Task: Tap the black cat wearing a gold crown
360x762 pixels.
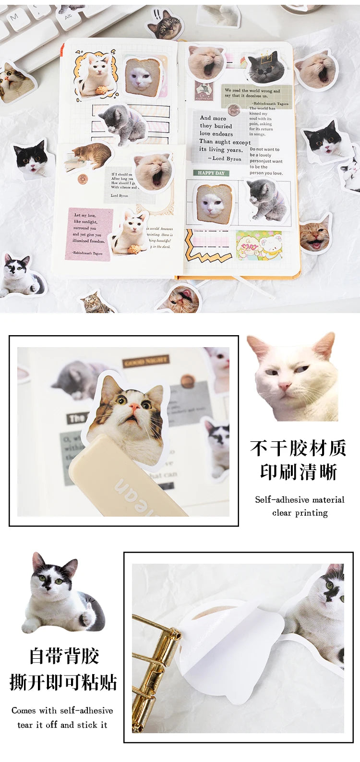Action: (264, 69)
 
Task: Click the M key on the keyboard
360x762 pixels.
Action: (13, 17)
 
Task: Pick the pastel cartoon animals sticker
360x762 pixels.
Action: (259, 244)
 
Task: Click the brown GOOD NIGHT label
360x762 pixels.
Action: (145, 361)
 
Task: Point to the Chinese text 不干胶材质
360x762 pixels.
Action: (298, 448)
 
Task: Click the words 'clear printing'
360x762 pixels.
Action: (300, 513)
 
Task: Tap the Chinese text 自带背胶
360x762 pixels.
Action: (64, 656)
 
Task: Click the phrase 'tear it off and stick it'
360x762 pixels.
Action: (62, 725)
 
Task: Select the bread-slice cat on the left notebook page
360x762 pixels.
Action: (143, 75)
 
